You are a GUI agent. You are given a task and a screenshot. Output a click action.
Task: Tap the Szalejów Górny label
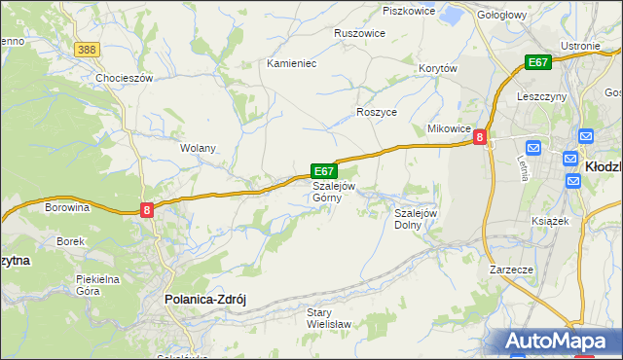pyautogui.click(x=333, y=192)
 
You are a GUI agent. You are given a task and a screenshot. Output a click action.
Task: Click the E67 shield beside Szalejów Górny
pyautogui.click(x=324, y=170)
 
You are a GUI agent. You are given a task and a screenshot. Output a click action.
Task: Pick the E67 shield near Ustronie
pyautogui.click(x=537, y=62)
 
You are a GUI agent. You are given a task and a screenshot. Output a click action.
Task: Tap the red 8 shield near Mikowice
pyautogui.click(x=479, y=139)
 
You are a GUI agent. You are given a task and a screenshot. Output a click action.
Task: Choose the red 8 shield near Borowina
pyautogui.click(x=146, y=209)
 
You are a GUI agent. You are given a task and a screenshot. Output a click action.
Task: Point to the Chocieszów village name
pyautogui.click(x=125, y=78)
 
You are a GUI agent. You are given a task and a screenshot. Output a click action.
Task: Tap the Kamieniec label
pyautogui.click(x=292, y=62)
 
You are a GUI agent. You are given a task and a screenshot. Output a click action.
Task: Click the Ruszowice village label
pyautogui.click(x=359, y=32)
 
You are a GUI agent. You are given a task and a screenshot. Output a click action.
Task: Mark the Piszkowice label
pyautogui.click(x=408, y=11)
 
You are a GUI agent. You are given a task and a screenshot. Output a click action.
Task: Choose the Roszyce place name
pyautogui.click(x=377, y=112)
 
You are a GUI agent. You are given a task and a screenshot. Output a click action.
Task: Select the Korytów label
pyautogui.click(x=437, y=68)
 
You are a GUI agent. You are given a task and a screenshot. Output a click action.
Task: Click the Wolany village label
pyautogui.click(x=198, y=148)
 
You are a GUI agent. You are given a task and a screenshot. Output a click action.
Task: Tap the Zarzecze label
pyautogui.click(x=510, y=269)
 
